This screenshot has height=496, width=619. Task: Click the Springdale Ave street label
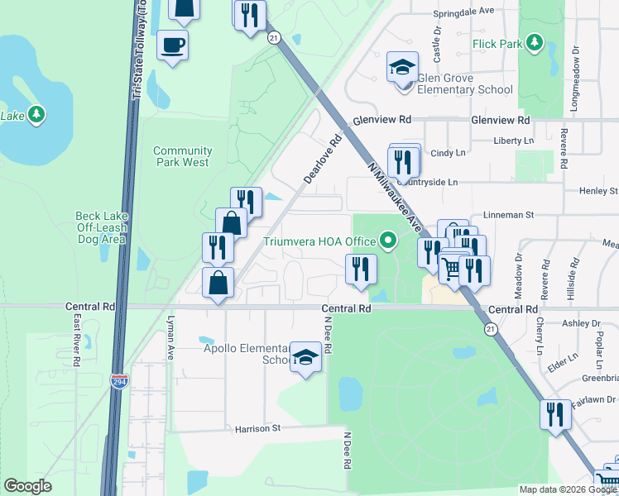464,12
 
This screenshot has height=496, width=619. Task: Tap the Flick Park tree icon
535,42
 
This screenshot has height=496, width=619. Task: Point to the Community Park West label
182,156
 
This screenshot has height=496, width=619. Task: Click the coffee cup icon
173,44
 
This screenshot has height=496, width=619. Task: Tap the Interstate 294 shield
119,381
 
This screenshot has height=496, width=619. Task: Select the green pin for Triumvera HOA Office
386,242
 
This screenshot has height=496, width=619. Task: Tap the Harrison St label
258,429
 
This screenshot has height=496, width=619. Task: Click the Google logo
28,486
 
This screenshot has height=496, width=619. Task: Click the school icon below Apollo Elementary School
305,358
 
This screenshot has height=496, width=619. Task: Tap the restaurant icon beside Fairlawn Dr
554,413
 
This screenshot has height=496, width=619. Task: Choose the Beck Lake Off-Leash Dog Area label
100,227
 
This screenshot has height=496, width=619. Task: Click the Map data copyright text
568,489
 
